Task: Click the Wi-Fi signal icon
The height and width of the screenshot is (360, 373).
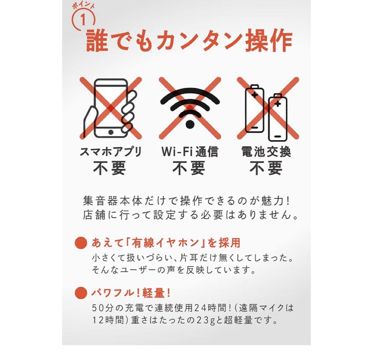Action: coord(190,104)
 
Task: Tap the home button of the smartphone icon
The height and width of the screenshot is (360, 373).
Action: coord(111,132)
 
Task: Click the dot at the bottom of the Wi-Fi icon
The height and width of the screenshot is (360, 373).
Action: coord(190,123)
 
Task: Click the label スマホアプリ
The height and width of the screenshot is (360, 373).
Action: coord(111,152)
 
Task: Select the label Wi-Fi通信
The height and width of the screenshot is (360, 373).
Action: coord(190,152)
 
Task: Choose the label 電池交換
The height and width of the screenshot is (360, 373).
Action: coord(266,152)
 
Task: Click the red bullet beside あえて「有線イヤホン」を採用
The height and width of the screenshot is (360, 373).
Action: coord(81,243)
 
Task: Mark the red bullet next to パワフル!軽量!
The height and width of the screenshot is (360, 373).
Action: coord(81,293)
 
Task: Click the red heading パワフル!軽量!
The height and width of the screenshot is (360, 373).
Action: coord(131,293)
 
